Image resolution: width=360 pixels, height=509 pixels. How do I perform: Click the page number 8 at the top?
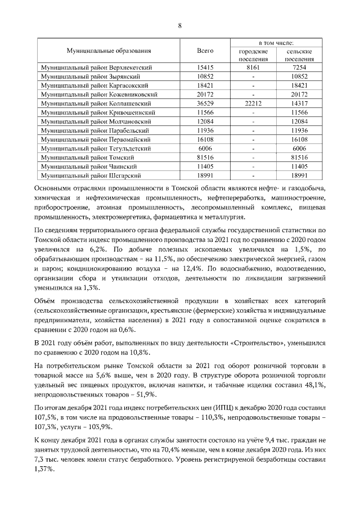pyautogui.click(x=180, y=25)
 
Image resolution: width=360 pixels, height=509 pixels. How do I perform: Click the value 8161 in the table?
pyautogui.click(x=253, y=67)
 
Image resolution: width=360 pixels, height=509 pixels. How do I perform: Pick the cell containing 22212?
pyautogui.click(x=253, y=103)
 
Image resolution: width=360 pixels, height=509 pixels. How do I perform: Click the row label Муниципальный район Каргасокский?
pyautogui.click(x=96, y=85)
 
